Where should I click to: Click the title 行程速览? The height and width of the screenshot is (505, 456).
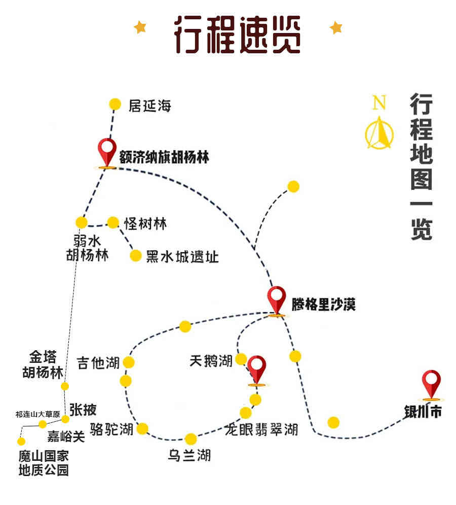[x=237, y=35]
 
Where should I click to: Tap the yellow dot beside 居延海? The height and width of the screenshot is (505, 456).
[x=115, y=104]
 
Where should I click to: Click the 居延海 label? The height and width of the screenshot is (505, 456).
[x=150, y=106]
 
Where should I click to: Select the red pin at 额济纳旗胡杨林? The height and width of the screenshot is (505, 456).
[x=107, y=153]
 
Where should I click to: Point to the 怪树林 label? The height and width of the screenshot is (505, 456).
[x=146, y=223]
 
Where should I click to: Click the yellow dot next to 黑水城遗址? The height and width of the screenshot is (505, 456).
[x=136, y=256]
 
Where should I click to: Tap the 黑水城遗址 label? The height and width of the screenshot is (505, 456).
[x=182, y=257]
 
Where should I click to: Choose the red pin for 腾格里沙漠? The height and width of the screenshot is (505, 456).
[x=277, y=301]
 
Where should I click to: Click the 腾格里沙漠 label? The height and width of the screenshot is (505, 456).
[x=324, y=305]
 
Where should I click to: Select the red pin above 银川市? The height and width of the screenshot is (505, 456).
[x=431, y=385]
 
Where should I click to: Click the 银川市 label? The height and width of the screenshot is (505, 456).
[x=423, y=412]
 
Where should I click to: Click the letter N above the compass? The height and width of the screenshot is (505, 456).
[x=379, y=102]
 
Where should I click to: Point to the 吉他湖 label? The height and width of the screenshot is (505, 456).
[x=98, y=363]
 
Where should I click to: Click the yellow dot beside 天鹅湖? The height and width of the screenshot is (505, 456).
[x=241, y=359]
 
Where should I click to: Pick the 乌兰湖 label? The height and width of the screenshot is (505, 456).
[x=189, y=455]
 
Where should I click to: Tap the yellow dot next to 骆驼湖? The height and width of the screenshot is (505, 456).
[x=142, y=429]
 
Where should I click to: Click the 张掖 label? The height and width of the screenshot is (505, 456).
[x=83, y=410]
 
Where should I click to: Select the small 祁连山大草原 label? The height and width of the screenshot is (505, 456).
[x=37, y=414]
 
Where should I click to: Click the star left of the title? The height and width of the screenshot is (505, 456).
[x=140, y=27]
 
